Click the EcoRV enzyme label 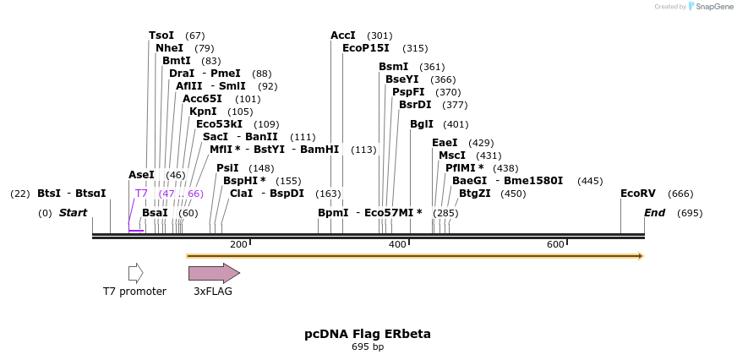click(638, 194)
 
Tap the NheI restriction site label click(169, 48)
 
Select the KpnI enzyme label click(203, 112)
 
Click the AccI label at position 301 click(343, 35)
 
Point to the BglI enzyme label click(421, 124)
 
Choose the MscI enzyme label click(452, 155)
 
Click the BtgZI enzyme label click(474, 194)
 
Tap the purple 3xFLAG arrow click(214, 273)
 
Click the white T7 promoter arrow click(135, 273)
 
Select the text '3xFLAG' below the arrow click(213, 292)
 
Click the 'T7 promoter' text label click(134, 292)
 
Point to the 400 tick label click(397, 244)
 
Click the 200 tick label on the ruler click(238, 244)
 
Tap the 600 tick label click(555, 244)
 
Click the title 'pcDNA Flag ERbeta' click(368, 334)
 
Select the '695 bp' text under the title click(368, 346)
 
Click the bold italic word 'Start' click(73, 213)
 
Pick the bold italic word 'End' click(655, 213)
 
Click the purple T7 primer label click(142, 194)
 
